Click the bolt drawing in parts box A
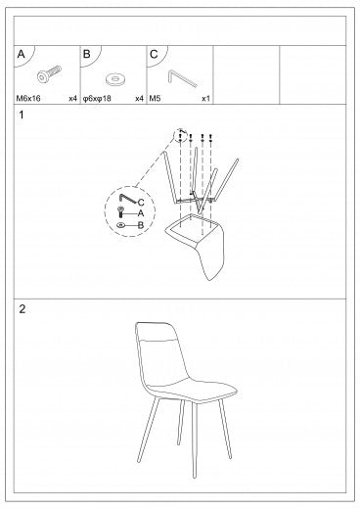click(49, 74)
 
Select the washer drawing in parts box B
click(115, 79)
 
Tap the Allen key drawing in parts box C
click(182, 78)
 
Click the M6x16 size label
click(28, 98)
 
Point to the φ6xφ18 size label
click(97, 98)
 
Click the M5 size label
click(155, 98)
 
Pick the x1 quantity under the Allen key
click(205, 98)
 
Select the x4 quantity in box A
click(72, 98)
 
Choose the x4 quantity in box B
click(139, 98)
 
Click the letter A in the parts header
click(21, 54)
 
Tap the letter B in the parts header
click(87, 54)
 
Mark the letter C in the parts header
click(154, 54)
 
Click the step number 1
click(22, 115)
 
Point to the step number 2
click(22, 309)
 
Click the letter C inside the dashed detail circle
click(141, 203)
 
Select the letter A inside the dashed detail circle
click(141, 213)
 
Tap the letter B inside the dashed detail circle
click(141, 225)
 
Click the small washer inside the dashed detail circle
click(120, 225)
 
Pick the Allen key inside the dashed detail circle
click(128, 200)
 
